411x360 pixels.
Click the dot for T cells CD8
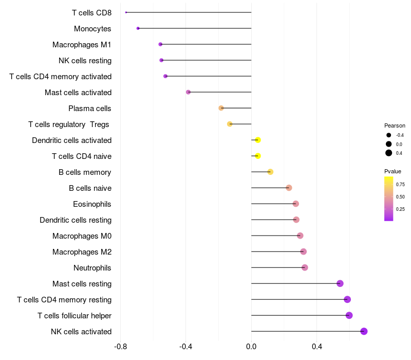126,12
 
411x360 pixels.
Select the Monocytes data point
138,28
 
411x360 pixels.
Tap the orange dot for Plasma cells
221,108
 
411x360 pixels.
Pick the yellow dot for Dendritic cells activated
258,140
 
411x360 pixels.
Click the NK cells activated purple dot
364,331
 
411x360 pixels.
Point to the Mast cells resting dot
340,283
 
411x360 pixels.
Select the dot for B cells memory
271,172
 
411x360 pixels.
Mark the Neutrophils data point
305,267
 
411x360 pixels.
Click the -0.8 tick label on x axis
121,347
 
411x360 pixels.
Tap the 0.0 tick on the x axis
251,347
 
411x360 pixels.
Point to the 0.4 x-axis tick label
317,347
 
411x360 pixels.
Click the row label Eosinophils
92,204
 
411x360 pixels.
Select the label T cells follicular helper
74,316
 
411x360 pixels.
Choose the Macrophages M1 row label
82,45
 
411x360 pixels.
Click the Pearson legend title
395,125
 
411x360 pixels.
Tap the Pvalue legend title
393,171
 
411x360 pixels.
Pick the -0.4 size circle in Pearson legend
389,135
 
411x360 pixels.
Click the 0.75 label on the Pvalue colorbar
400,185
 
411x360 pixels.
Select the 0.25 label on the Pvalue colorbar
400,209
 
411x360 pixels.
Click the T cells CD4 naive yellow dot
258,156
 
